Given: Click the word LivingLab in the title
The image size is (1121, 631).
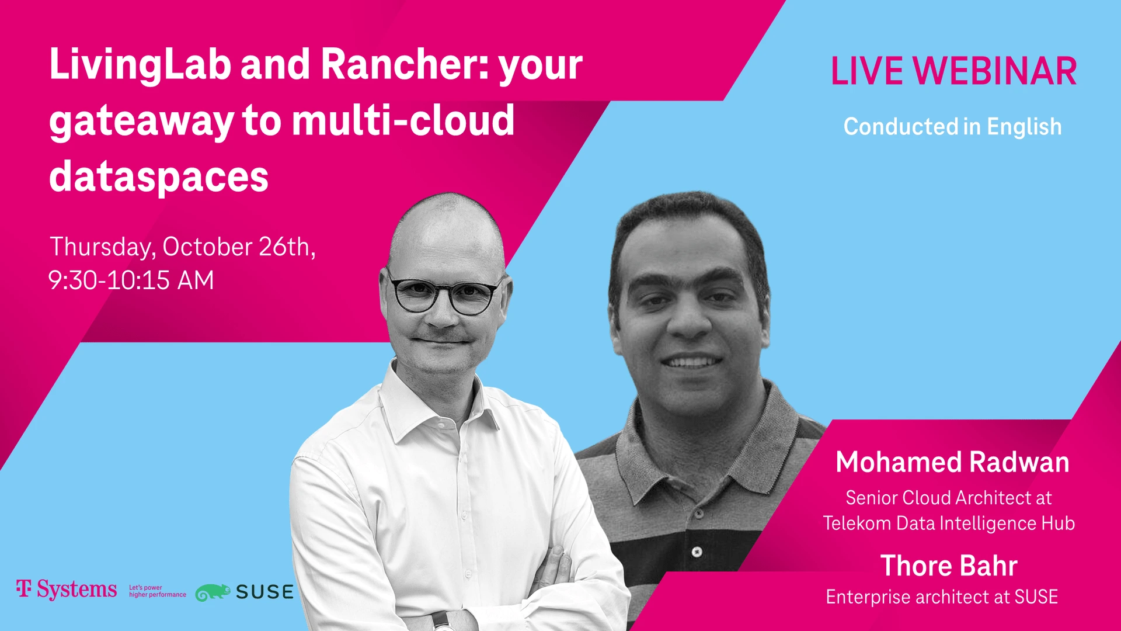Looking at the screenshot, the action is point(140,66).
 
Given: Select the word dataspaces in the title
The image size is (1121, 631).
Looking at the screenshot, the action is point(159,176).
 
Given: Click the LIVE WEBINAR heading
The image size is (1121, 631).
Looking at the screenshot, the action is point(953,71).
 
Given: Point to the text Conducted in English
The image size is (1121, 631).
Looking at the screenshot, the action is point(952,126).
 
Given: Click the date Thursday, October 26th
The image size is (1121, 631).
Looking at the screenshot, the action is point(183,247).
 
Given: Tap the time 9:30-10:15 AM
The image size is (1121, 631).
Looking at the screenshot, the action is point(131,280).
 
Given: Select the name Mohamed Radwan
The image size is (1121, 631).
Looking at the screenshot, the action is point(952,462).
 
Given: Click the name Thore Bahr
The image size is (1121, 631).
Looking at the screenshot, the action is point(949,566).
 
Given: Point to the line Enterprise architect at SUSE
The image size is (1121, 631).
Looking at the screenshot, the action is point(942,597).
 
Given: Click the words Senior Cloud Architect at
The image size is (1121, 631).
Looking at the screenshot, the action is point(949,498).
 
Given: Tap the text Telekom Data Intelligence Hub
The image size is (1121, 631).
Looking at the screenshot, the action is point(949,523).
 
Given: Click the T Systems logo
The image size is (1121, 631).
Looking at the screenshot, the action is point(67,590).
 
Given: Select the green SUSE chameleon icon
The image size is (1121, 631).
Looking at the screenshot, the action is point(213,592).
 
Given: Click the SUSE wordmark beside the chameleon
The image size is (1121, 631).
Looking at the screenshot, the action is point(264,592).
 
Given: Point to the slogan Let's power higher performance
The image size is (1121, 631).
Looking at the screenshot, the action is point(158,591).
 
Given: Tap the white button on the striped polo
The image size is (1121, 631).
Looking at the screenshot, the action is point(697,552).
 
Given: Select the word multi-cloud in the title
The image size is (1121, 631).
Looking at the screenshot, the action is point(403,120).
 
